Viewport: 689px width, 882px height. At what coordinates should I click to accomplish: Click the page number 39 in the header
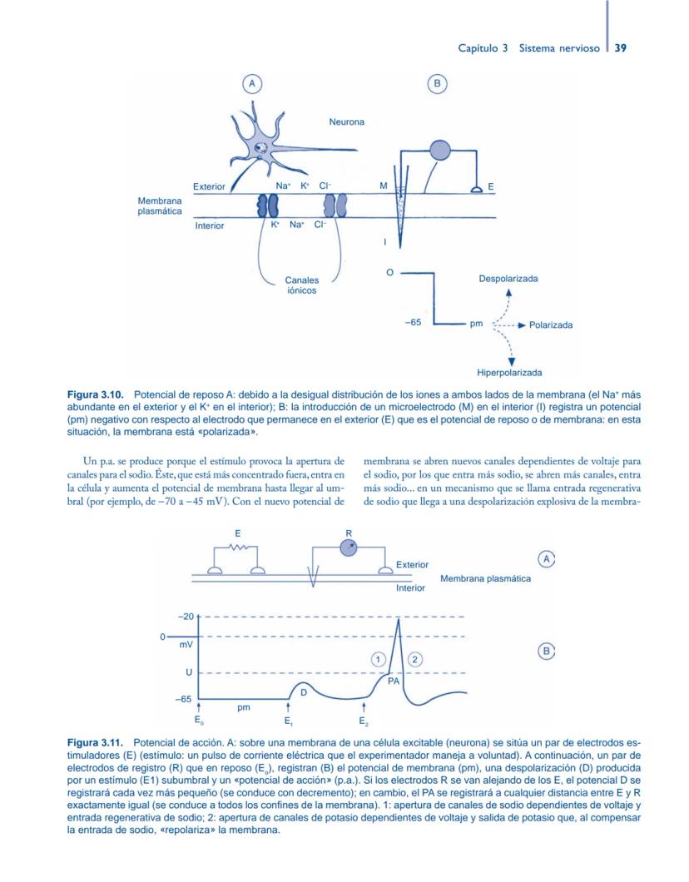coord(620,48)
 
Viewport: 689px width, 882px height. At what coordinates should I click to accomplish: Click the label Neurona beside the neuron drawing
coord(346,122)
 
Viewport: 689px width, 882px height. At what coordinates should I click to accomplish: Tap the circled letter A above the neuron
coord(251,83)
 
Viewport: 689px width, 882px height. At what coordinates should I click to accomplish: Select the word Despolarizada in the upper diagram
coord(508,280)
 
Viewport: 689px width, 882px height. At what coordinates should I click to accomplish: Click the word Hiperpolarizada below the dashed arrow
coord(509,373)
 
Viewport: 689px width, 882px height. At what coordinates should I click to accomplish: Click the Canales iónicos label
coord(301,286)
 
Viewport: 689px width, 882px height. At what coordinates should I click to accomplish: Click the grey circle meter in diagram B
coord(439,150)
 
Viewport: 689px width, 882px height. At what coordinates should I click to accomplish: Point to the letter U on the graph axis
coord(189,672)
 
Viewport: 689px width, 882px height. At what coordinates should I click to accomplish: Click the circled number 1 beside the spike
coord(378,658)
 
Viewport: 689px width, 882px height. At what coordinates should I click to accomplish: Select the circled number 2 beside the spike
coord(416,658)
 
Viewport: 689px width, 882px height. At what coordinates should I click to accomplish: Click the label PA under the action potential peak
coord(394,680)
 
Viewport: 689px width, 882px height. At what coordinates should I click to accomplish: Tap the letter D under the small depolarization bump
coord(303,691)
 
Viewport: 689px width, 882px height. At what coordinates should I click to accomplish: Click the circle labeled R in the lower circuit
coord(349,547)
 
